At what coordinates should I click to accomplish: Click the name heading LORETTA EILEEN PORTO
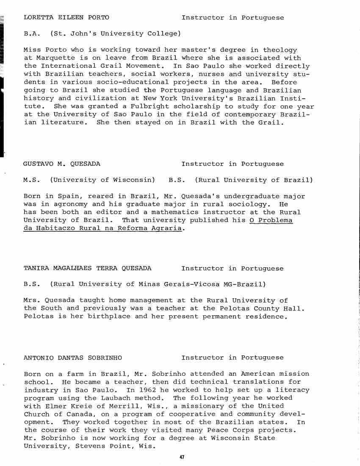point(66,17)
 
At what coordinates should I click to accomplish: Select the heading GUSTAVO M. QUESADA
point(62,164)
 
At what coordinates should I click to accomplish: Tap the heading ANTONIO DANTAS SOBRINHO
point(73,358)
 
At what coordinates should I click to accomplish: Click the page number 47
point(183,458)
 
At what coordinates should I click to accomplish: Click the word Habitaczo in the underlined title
point(58,228)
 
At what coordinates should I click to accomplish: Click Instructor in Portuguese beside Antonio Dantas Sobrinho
point(233,358)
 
